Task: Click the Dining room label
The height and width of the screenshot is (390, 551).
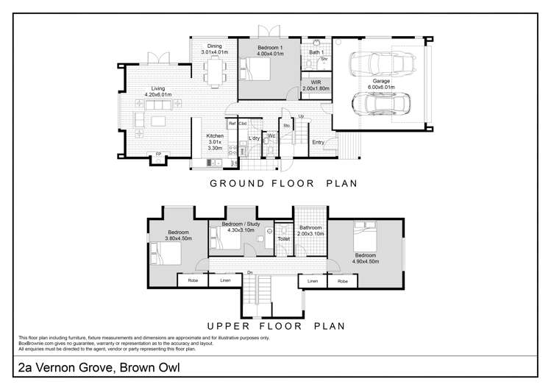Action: (214, 46)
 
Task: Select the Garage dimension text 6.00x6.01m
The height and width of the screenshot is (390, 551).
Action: (381, 88)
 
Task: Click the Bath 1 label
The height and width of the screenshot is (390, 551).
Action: (316, 52)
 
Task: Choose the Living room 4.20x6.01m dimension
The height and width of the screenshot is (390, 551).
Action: (157, 94)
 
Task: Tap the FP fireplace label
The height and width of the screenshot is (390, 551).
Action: (157, 155)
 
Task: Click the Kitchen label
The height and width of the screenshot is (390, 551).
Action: (215, 135)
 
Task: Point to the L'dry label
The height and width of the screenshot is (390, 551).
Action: (255, 138)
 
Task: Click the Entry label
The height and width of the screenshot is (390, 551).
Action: (318, 142)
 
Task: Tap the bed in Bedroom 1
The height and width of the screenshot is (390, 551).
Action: (257, 71)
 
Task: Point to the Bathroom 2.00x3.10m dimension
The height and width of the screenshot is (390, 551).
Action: (310, 233)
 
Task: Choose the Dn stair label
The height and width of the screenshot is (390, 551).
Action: (250, 273)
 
